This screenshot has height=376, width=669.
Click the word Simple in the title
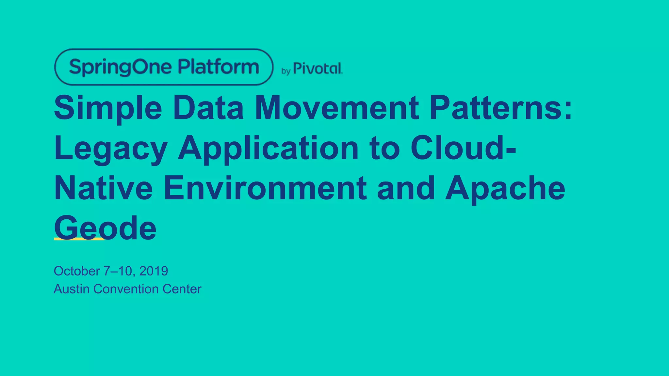coord(108,108)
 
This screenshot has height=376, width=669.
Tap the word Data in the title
coord(208,108)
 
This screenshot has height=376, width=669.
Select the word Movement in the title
coord(336,108)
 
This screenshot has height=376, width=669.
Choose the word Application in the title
coord(268,149)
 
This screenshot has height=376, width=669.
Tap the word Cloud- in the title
coord(463,148)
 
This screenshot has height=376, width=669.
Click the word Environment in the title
coord(265,188)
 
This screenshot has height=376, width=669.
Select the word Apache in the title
coord(505,188)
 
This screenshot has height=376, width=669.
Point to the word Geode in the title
coord(105,228)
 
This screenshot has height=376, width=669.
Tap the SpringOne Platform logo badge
coord(164,67)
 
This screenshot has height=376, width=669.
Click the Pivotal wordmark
coord(318,68)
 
